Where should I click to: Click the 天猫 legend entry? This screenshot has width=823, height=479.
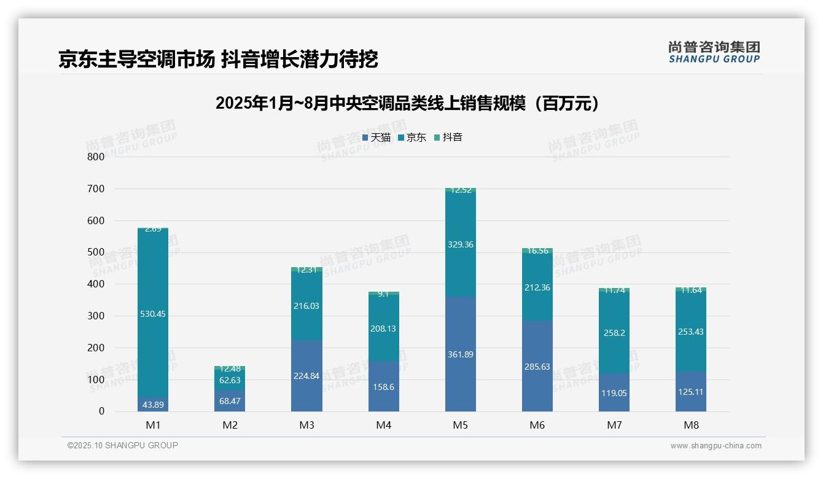(376, 138)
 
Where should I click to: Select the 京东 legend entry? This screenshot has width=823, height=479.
(412, 138)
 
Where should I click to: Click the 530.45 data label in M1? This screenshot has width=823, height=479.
(153, 314)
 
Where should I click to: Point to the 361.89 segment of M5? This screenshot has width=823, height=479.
(461, 354)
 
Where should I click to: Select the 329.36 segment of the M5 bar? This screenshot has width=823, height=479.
(461, 244)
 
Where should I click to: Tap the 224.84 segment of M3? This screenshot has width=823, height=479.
(307, 376)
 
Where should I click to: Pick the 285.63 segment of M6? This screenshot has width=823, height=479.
(537, 367)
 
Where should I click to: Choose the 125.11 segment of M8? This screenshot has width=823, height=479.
(691, 391)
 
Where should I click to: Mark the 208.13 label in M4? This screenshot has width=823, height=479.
(384, 329)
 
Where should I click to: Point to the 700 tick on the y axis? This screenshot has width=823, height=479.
(95, 189)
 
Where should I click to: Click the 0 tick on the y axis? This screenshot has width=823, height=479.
(101, 411)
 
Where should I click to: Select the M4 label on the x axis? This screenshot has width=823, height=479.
(384, 425)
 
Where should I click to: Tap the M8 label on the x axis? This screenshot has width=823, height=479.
(691, 425)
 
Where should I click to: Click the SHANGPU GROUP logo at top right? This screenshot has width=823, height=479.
(714, 52)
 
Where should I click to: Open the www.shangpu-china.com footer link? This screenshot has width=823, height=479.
(716, 446)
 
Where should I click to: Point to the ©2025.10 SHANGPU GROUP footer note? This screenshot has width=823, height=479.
(123, 445)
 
